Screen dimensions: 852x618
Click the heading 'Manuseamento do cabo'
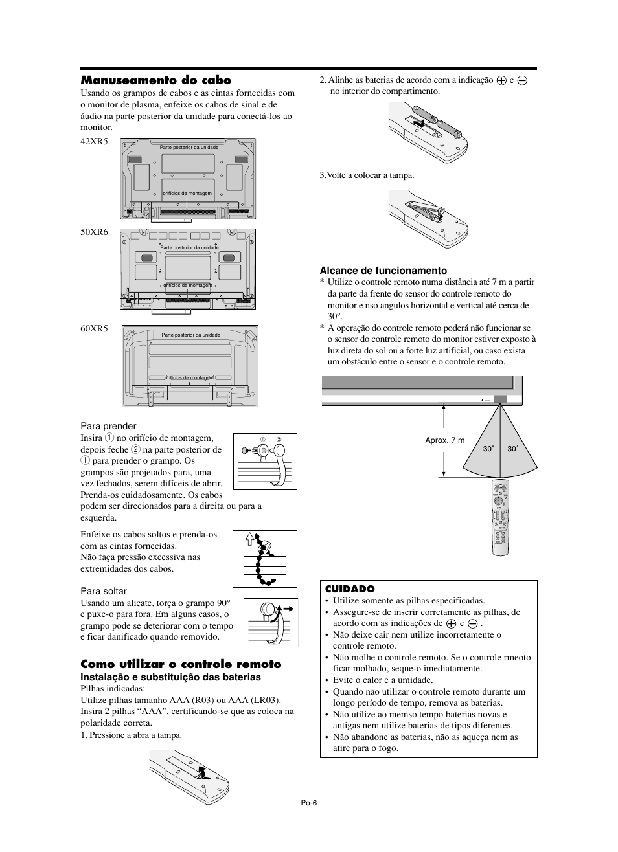(x=155, y=80)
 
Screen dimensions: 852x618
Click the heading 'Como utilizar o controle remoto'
(x=181, y=664)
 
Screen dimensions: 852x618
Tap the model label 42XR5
(x=94, y=141)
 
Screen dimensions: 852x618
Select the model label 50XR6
(x=94, y=232)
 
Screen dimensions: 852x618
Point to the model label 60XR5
(x=94, y=329)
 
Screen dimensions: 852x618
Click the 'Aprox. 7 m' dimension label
(x=445, y=440)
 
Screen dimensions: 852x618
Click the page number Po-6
(x=308, y=802)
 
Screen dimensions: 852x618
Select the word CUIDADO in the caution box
(x=350, y=589)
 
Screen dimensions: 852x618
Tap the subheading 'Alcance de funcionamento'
(x=383, y=271)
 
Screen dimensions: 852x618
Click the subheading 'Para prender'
(x=108, y=426)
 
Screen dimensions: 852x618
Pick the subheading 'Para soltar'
(x=104, y=591)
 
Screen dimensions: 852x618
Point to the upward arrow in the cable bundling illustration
(x=249, y=538)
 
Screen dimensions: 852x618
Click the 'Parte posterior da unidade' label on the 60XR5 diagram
(x=191, y=335)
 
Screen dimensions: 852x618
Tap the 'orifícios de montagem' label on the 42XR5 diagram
(x=187, y=193)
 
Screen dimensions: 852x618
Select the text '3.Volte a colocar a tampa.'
(x=367, y=175)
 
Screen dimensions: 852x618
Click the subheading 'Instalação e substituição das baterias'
(x=170, y=677)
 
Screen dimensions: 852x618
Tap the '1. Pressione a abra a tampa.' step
(x=131, y=735)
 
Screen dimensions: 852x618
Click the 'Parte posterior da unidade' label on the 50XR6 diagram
(x=189, y=247)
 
